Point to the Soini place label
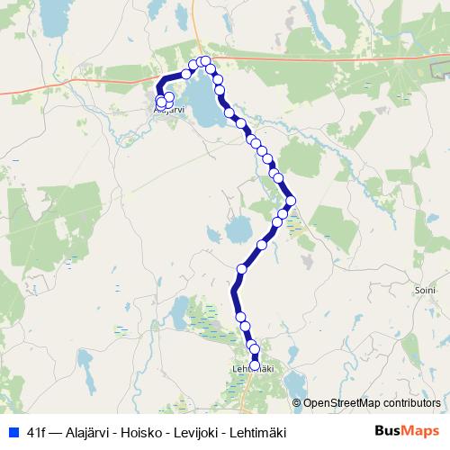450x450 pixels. coord(422,291)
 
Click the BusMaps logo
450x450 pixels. coord(407,431)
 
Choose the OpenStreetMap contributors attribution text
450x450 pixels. coord(372,403)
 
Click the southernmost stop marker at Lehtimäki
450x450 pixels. coord(255,364)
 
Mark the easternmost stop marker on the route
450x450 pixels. coord(292,201)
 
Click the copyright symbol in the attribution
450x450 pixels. coord(298,403)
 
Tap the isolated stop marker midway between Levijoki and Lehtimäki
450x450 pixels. coord(241,269)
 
